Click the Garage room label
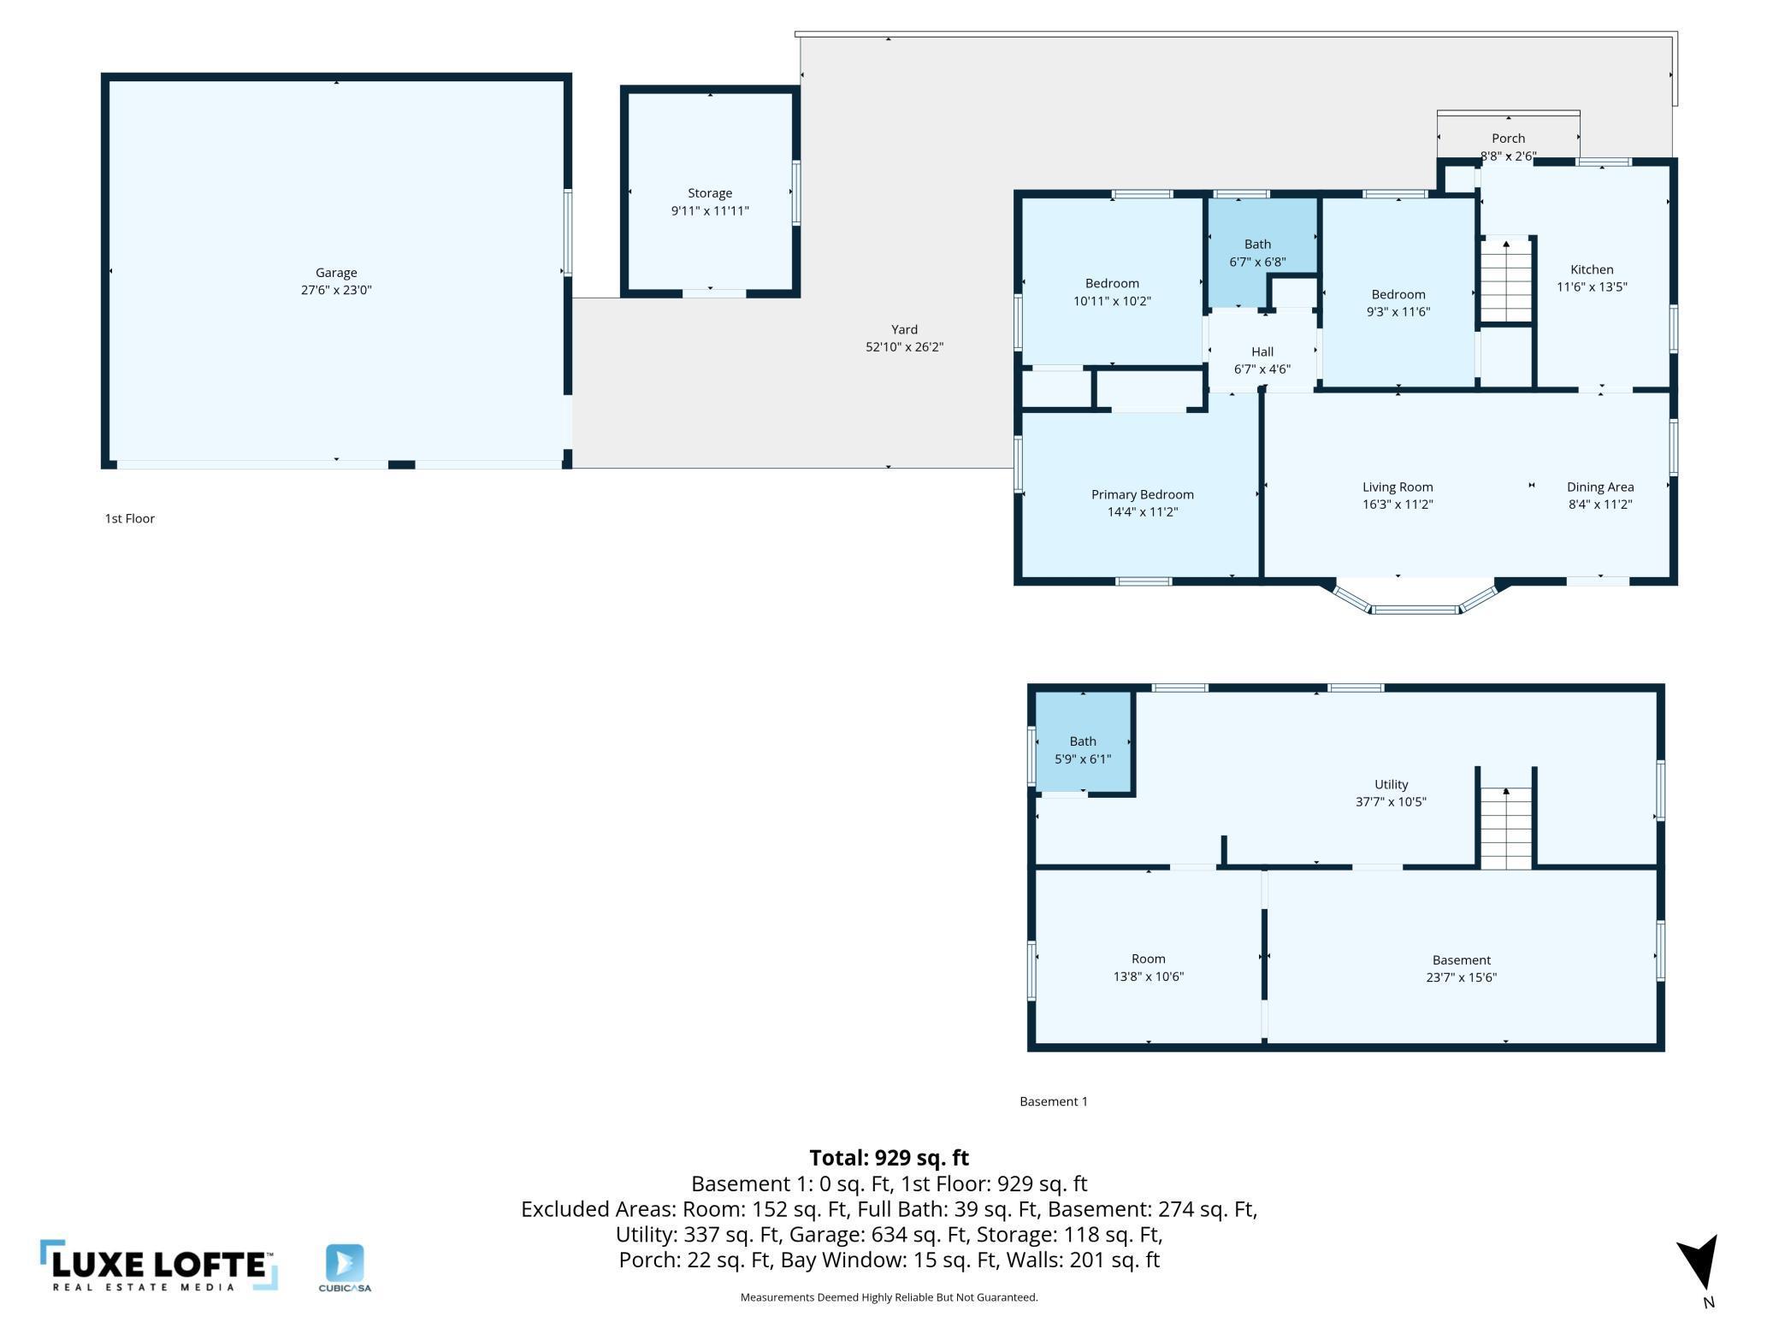coord(336,273)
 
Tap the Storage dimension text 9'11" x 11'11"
coord(710,210)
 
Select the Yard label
coord(904,329)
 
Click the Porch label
coord(1508,138)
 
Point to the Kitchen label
coord(1592,269)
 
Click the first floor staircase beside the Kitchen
coord(1505,280)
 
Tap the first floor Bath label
coord(1257,245)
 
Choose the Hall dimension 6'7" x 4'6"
coord(1262,369)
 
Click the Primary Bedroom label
coord(1142,494)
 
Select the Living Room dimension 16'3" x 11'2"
coord(1398,505)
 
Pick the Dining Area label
coord(1600,487)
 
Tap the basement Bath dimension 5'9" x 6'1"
coord(1083,759)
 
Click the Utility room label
coord(1391,784)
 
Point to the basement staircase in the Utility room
coord(1506,828)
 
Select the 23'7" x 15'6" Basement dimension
coord(1461,977)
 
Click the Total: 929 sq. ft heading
coord(889,1158)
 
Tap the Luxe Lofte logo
coord(159,1266)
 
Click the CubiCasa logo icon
coord(345,1264)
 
